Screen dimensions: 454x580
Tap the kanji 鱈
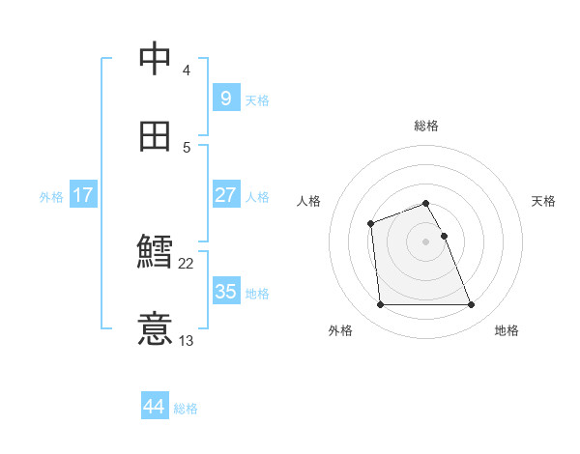click(x=156, y=252)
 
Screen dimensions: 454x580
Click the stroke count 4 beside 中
click(x=187, y=70)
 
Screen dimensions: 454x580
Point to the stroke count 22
click(x=187, y=263)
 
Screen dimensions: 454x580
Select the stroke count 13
click(x=187, y=340)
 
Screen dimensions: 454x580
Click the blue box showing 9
click(x=225, y=98)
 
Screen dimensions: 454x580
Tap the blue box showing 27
click(x=225, y=194)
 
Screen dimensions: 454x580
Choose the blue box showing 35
click(x=225, y=291)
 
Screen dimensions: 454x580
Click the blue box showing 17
click(x=82, y=195)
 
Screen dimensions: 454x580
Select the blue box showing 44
click(x=154, y=407)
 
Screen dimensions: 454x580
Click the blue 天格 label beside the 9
click(x=257, y=99)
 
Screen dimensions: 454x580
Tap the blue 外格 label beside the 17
click(x=51, y=197)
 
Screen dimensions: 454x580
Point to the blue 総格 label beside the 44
click(x=186, y=409)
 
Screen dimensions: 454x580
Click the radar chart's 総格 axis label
click(x=426, y=126)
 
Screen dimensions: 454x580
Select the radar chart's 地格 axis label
click(x=507, y=330)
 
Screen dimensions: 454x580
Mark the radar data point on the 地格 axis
click(x=472, y=305)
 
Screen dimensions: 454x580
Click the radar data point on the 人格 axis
click(x=370, y=224)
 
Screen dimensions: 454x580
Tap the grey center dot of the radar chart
click(x=426, y=241)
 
